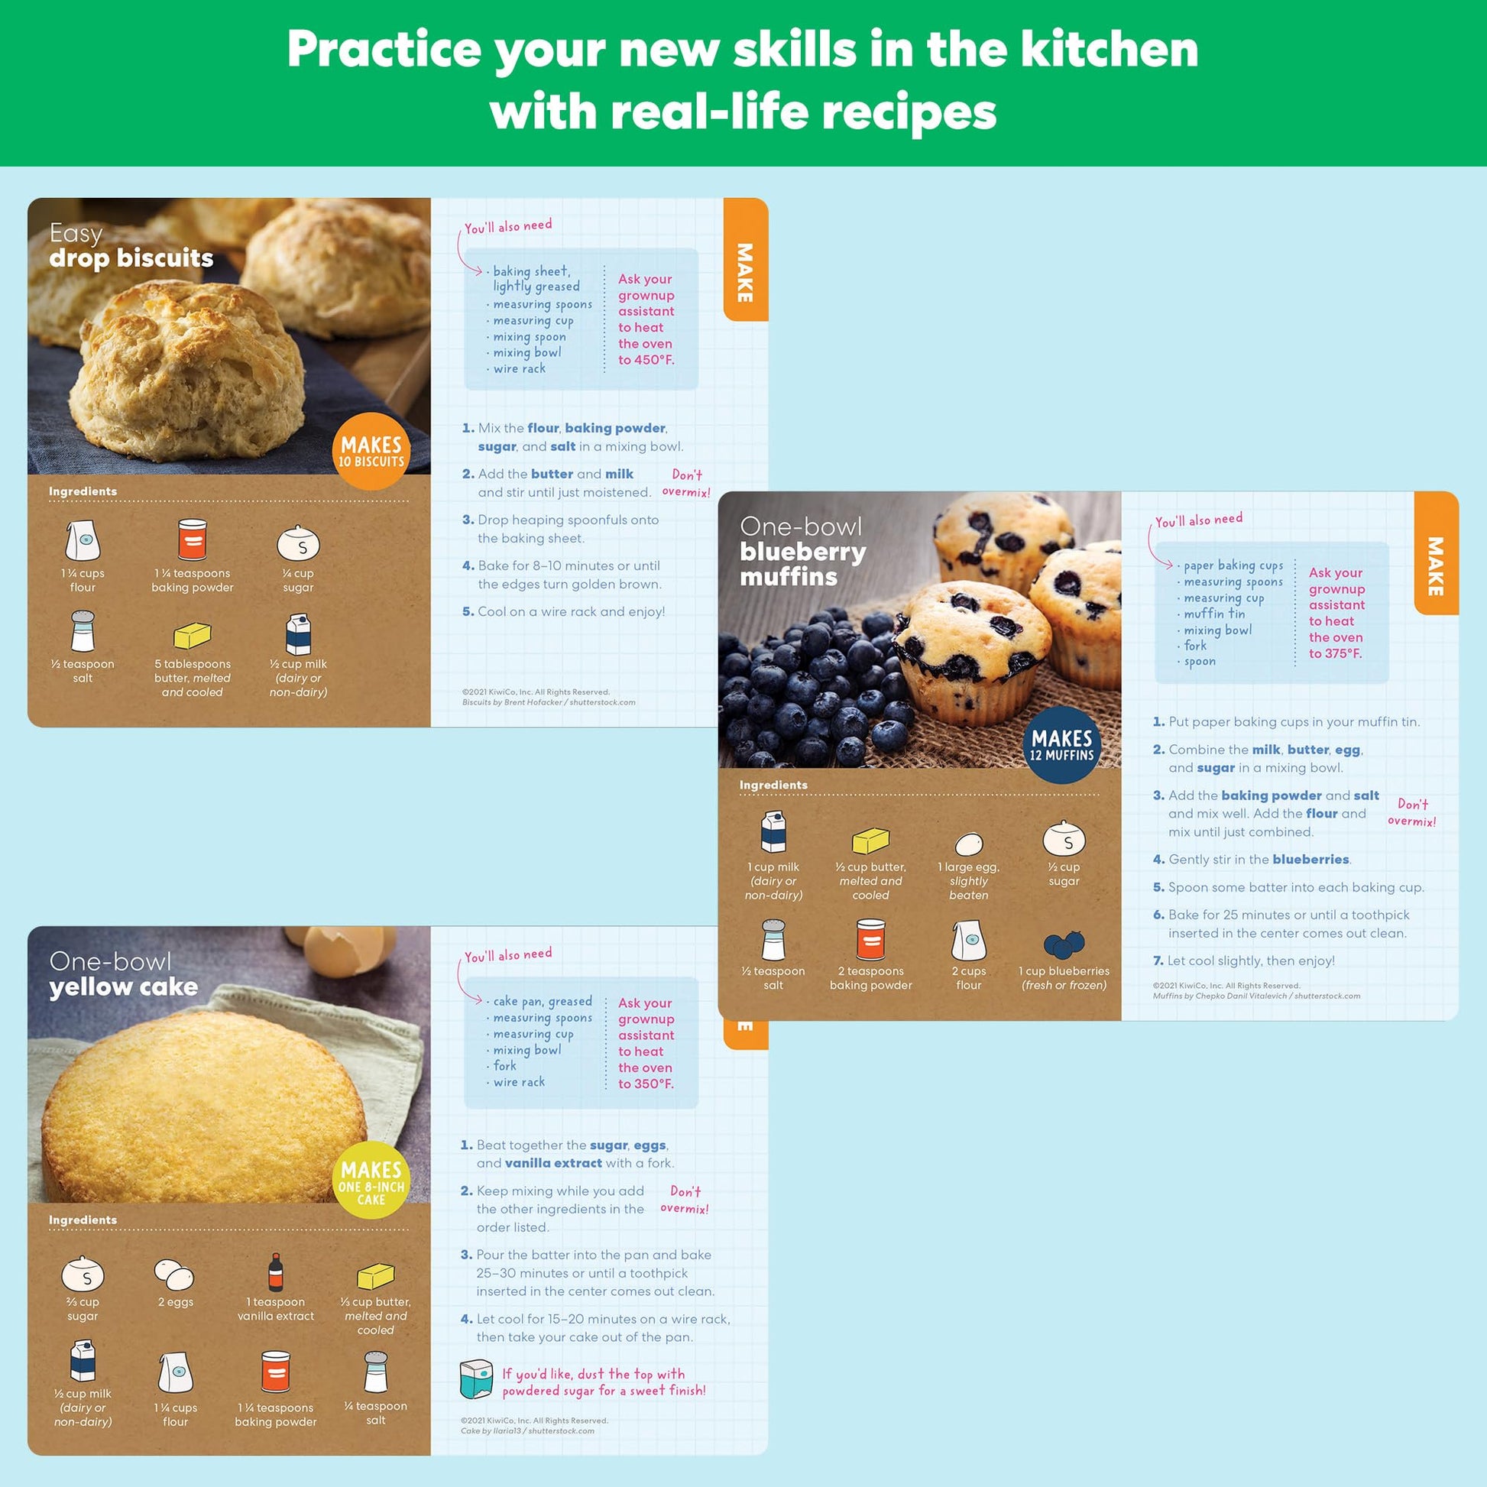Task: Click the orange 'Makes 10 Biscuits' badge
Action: tap(371, 452)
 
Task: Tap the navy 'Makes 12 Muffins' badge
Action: tap(1062, 745)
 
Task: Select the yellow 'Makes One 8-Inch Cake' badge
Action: tap(371, 1180)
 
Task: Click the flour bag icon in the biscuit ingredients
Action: tap(83, 540)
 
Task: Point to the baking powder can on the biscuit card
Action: tap(193, 539)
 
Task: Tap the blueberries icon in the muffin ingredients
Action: tap(1064, 944)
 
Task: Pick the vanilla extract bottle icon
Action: tap(276, 1272)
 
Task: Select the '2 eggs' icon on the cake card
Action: tap(174, 1274)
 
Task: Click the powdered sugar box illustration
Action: tap(475, 1378)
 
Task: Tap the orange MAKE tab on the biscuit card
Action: tap(745, 260)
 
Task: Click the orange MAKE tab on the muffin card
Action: tap(1437, 553)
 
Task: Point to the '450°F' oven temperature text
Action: tap(654, 360)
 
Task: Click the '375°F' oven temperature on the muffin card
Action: tap(1345, 653)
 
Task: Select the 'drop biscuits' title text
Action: tap(131, 258)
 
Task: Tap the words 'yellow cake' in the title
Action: tap(123, 986)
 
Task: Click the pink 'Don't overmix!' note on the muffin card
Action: tap(1411, 813)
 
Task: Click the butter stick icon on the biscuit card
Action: tap(193, 636)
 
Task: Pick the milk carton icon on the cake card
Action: tap(83, 1360)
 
